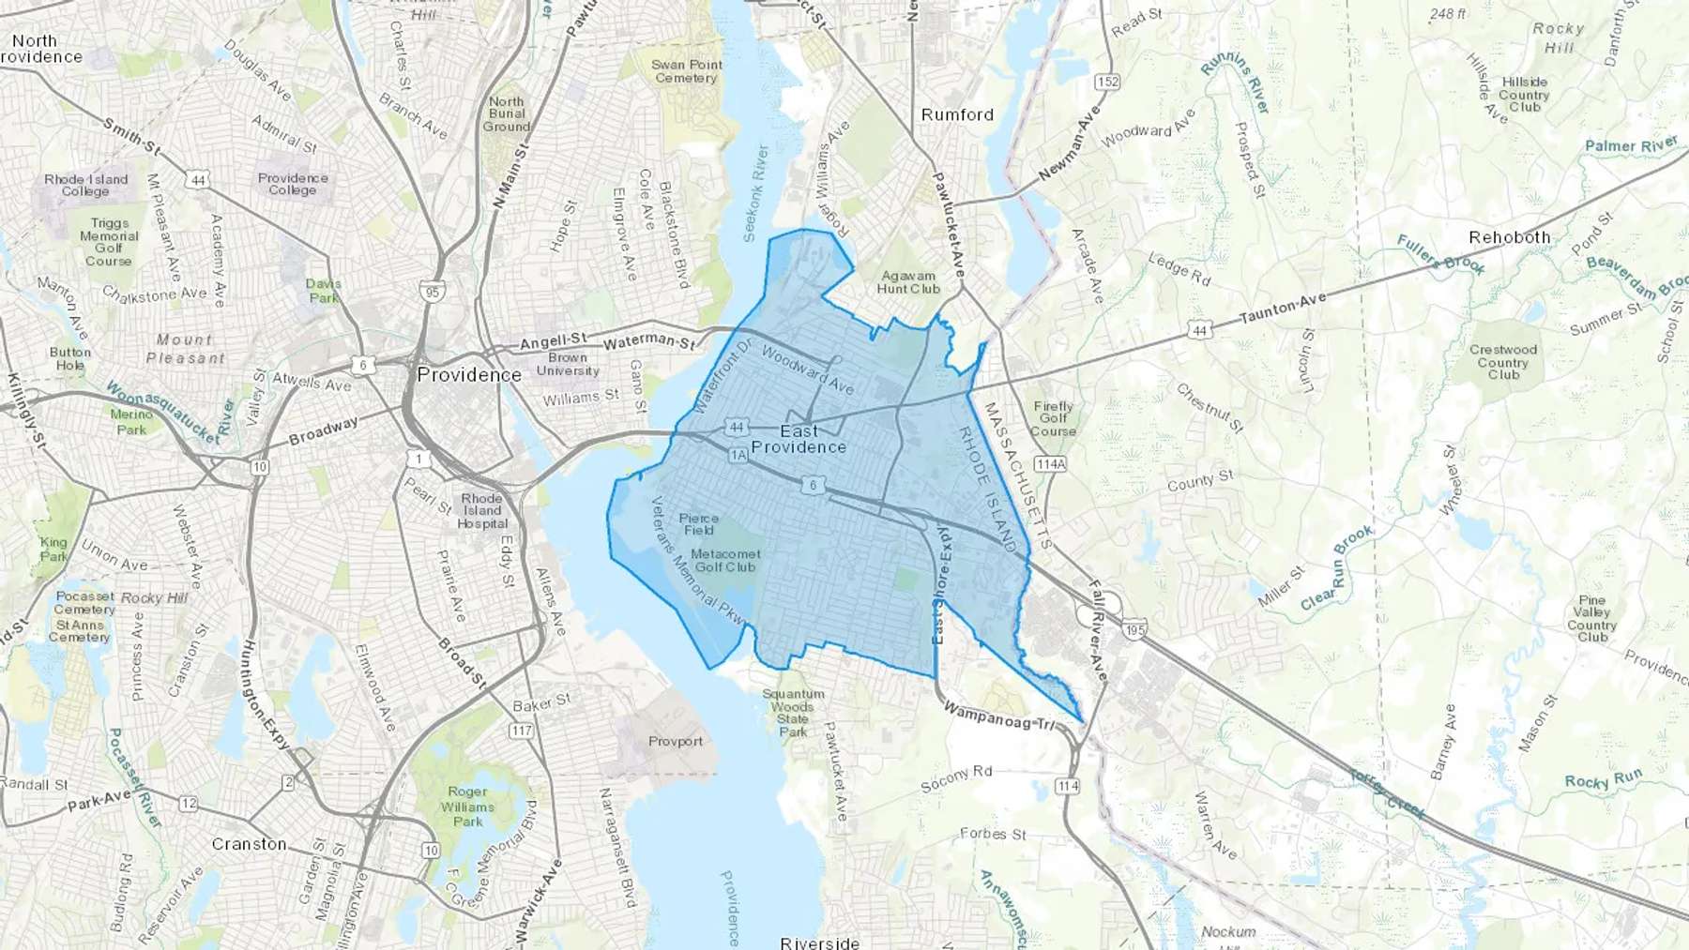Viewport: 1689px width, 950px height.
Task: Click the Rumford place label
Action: pos(957,114)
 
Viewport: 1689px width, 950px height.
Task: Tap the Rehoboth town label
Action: pos(1509,237)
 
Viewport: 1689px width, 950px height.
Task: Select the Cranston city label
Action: pos(249,844)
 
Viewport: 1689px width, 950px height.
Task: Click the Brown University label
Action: pos(568,364)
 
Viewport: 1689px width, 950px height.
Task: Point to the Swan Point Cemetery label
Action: pos(687,71)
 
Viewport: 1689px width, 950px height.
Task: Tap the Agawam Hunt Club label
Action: pos(908,282)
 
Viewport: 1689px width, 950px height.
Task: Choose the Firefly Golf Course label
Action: pos(1053,418)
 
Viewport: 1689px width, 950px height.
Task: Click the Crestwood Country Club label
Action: pos(1503,362)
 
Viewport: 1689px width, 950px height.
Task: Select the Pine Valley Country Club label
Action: pos(1592,619)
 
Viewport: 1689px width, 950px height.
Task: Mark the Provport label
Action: pos(676,741)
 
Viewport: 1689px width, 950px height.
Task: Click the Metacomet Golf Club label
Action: pos(726,560)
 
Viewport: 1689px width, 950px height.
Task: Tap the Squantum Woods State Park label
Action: pos(793,713)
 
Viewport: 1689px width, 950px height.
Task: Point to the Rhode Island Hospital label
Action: pos(482,511)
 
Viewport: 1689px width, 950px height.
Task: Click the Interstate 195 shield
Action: pos(1134,630)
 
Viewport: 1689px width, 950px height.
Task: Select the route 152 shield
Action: pos(1107,82)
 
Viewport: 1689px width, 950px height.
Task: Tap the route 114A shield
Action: pos(1050,464)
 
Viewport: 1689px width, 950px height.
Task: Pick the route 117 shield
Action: pos(522,731)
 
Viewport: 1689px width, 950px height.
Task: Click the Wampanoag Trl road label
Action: pos(999,716)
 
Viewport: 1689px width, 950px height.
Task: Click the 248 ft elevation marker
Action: pos(1448,14)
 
